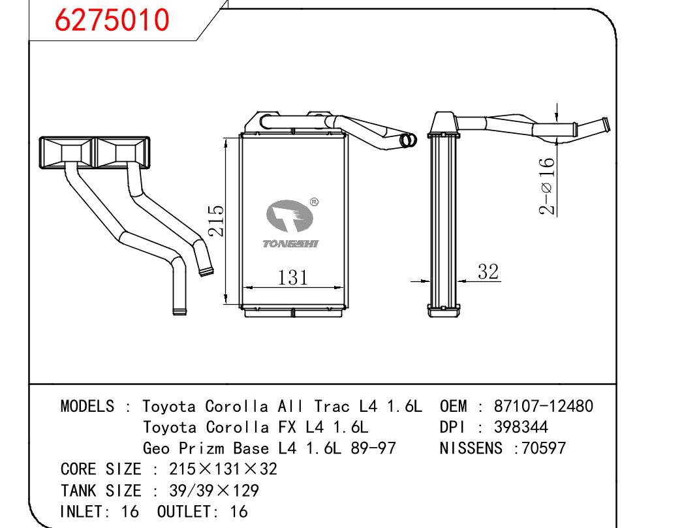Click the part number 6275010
tap(112, 20)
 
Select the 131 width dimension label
tap(292, 277)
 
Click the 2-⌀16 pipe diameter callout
tap(547, 187)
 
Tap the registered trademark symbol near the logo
tap(314, 202)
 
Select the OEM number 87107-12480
tap(544, 406)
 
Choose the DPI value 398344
tap(521, 427)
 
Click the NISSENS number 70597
tap(540, 448)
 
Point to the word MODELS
tap(87, 406)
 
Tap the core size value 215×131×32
tap(223, 469)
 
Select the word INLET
tap(82, 511)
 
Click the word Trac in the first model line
tap(334, 406)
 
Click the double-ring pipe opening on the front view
tap(409, 140)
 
